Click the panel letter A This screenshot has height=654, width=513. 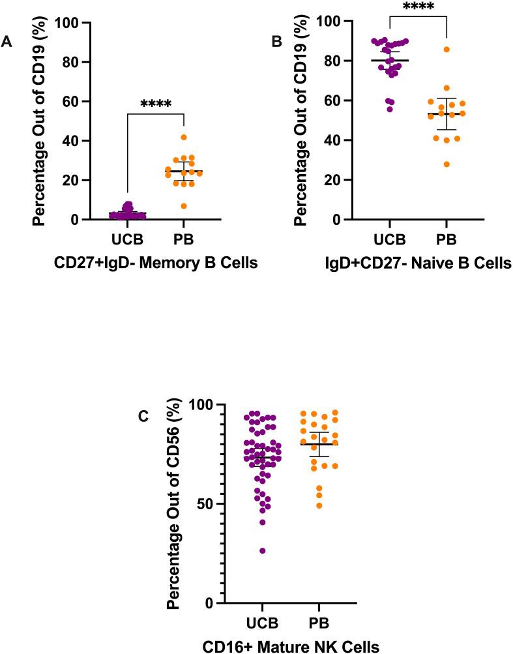pos(7,42)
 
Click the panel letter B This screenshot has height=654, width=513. pos(276,44)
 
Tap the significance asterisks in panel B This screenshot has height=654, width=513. pos(418,7)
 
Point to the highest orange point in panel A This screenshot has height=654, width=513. pos(184,138)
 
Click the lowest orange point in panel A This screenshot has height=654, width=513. pos(184,206)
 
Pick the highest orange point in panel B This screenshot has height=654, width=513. pos(447,50)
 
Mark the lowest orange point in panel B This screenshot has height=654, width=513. pos(447,164)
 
